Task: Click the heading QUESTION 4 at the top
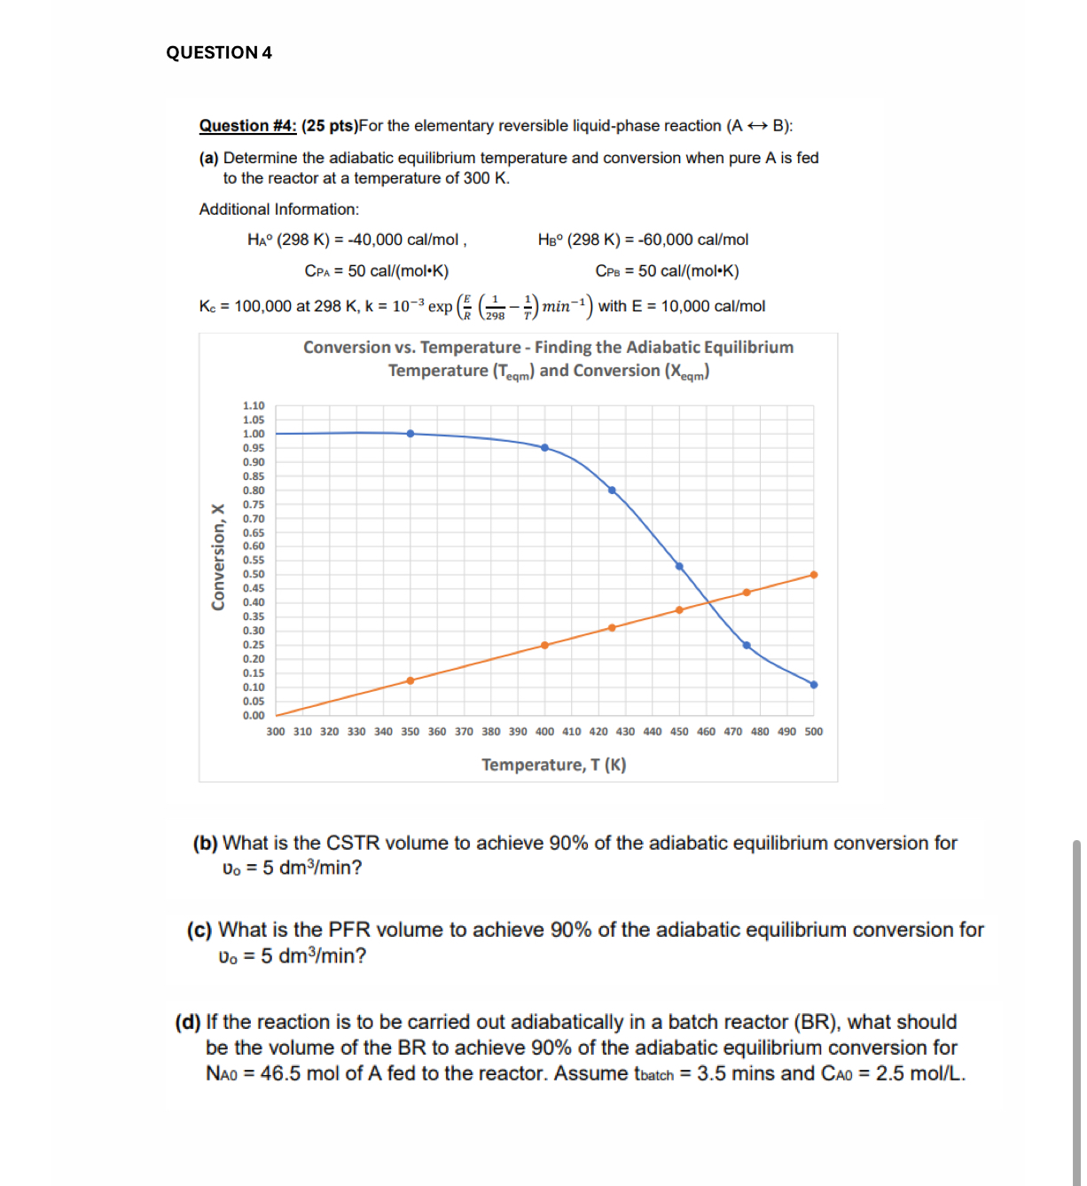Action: [219, 52]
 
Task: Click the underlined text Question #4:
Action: [247, 126]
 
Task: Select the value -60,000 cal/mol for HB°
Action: [692, 240]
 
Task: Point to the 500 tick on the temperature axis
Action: [813, 732]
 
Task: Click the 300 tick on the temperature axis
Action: [276, 732]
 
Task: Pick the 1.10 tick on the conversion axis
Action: [254, 405]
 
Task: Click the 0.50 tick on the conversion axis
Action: [254, 575]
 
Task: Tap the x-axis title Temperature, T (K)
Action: [553, 765]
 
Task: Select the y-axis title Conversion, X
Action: [217, 557]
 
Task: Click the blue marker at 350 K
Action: [411, 434]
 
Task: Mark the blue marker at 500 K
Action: [814, 685]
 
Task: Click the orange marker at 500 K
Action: [814, 575]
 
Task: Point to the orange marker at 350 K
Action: [411, 681]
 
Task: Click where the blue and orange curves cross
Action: [708, 603]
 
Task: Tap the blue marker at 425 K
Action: [612, 491]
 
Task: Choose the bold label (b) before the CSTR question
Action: [205, 843]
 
